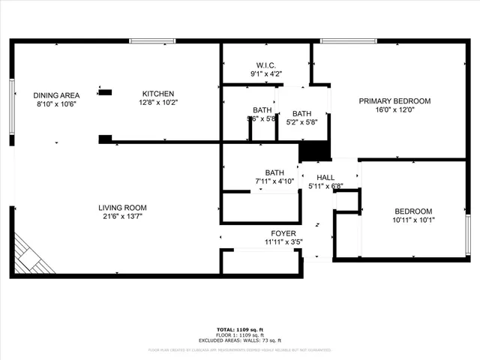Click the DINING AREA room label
pyautogui.click(x=56, y=95)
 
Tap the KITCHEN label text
pyautogui.click(x=159, y=94)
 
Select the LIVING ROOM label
pyautogui.click(x=122, y=208)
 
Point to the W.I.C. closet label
pyautogui.click(x=266, y=65)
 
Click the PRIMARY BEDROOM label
pyautogui.click(x=394, y=101)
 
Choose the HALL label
pyautogui.click(x=325, y=177)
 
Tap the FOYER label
pyautogui.click(x=283, y=233)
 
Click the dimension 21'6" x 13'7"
pyautogui.click(x=122, y=217)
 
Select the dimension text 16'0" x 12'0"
pyautogui.click(x=394, y=110)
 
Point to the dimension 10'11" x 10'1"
pyautogui.click(x=413, y=220)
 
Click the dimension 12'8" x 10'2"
pyautogui.click(x=159, y=103)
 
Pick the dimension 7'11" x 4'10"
pyautogui.click(x=274, y=181)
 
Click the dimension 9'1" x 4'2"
pyautogui.click(x=266, y=74)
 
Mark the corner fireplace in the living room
pyautogui.click(x=31, y=256)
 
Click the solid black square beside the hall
pyautogui.click(x=315, y=150)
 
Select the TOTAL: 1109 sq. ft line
pyautogui.click(x=239, y=329)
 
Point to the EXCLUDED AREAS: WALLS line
pyautogui.click(x=239, y=340)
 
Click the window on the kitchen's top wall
pyautogui.click(x=152, y=40)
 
